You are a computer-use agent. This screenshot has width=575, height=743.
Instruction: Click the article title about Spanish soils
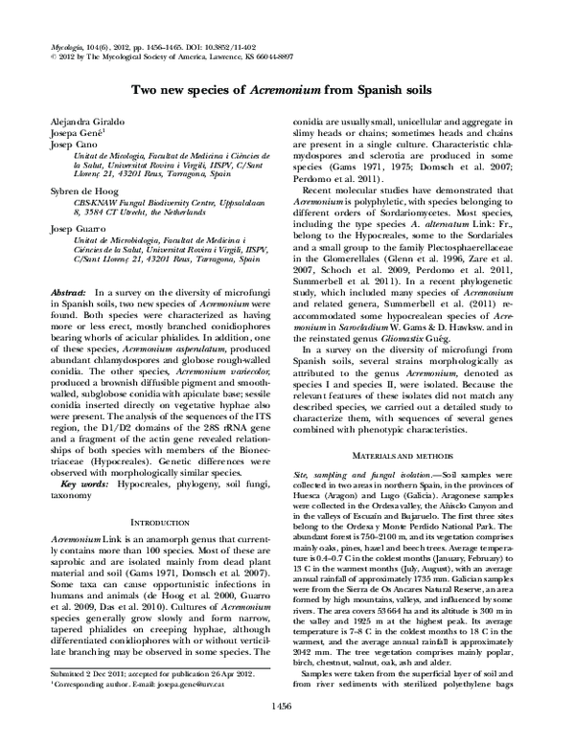[x=287, y=90]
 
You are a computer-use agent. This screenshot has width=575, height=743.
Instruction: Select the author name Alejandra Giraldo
[x=81, y=126]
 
